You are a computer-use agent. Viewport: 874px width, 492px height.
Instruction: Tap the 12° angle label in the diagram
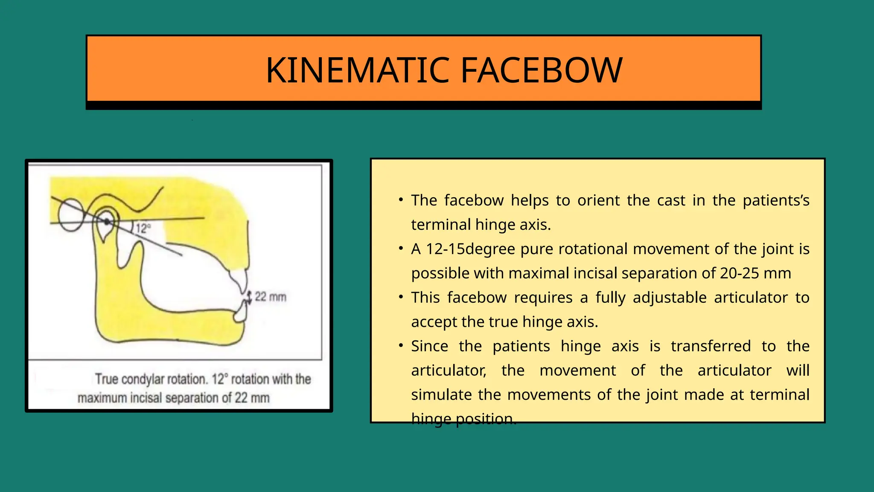pos(143,228)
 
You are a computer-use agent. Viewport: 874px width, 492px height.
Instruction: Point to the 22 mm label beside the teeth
pos(271,297)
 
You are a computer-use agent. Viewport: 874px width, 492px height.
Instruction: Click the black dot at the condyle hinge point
pos(107,222)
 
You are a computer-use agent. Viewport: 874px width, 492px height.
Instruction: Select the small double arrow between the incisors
pos(250,297)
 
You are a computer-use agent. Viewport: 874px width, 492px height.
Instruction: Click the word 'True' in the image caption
pos(106,379)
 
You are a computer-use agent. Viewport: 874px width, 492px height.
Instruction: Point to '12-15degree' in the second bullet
pos(471,249)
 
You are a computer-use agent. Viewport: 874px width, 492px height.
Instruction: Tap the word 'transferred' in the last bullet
pos(711,346)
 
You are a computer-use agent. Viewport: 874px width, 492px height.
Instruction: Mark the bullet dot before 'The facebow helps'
pos(401,200)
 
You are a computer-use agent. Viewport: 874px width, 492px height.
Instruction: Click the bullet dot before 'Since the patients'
pos(401,346)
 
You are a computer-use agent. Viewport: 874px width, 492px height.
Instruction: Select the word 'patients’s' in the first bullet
pos(776,200)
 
